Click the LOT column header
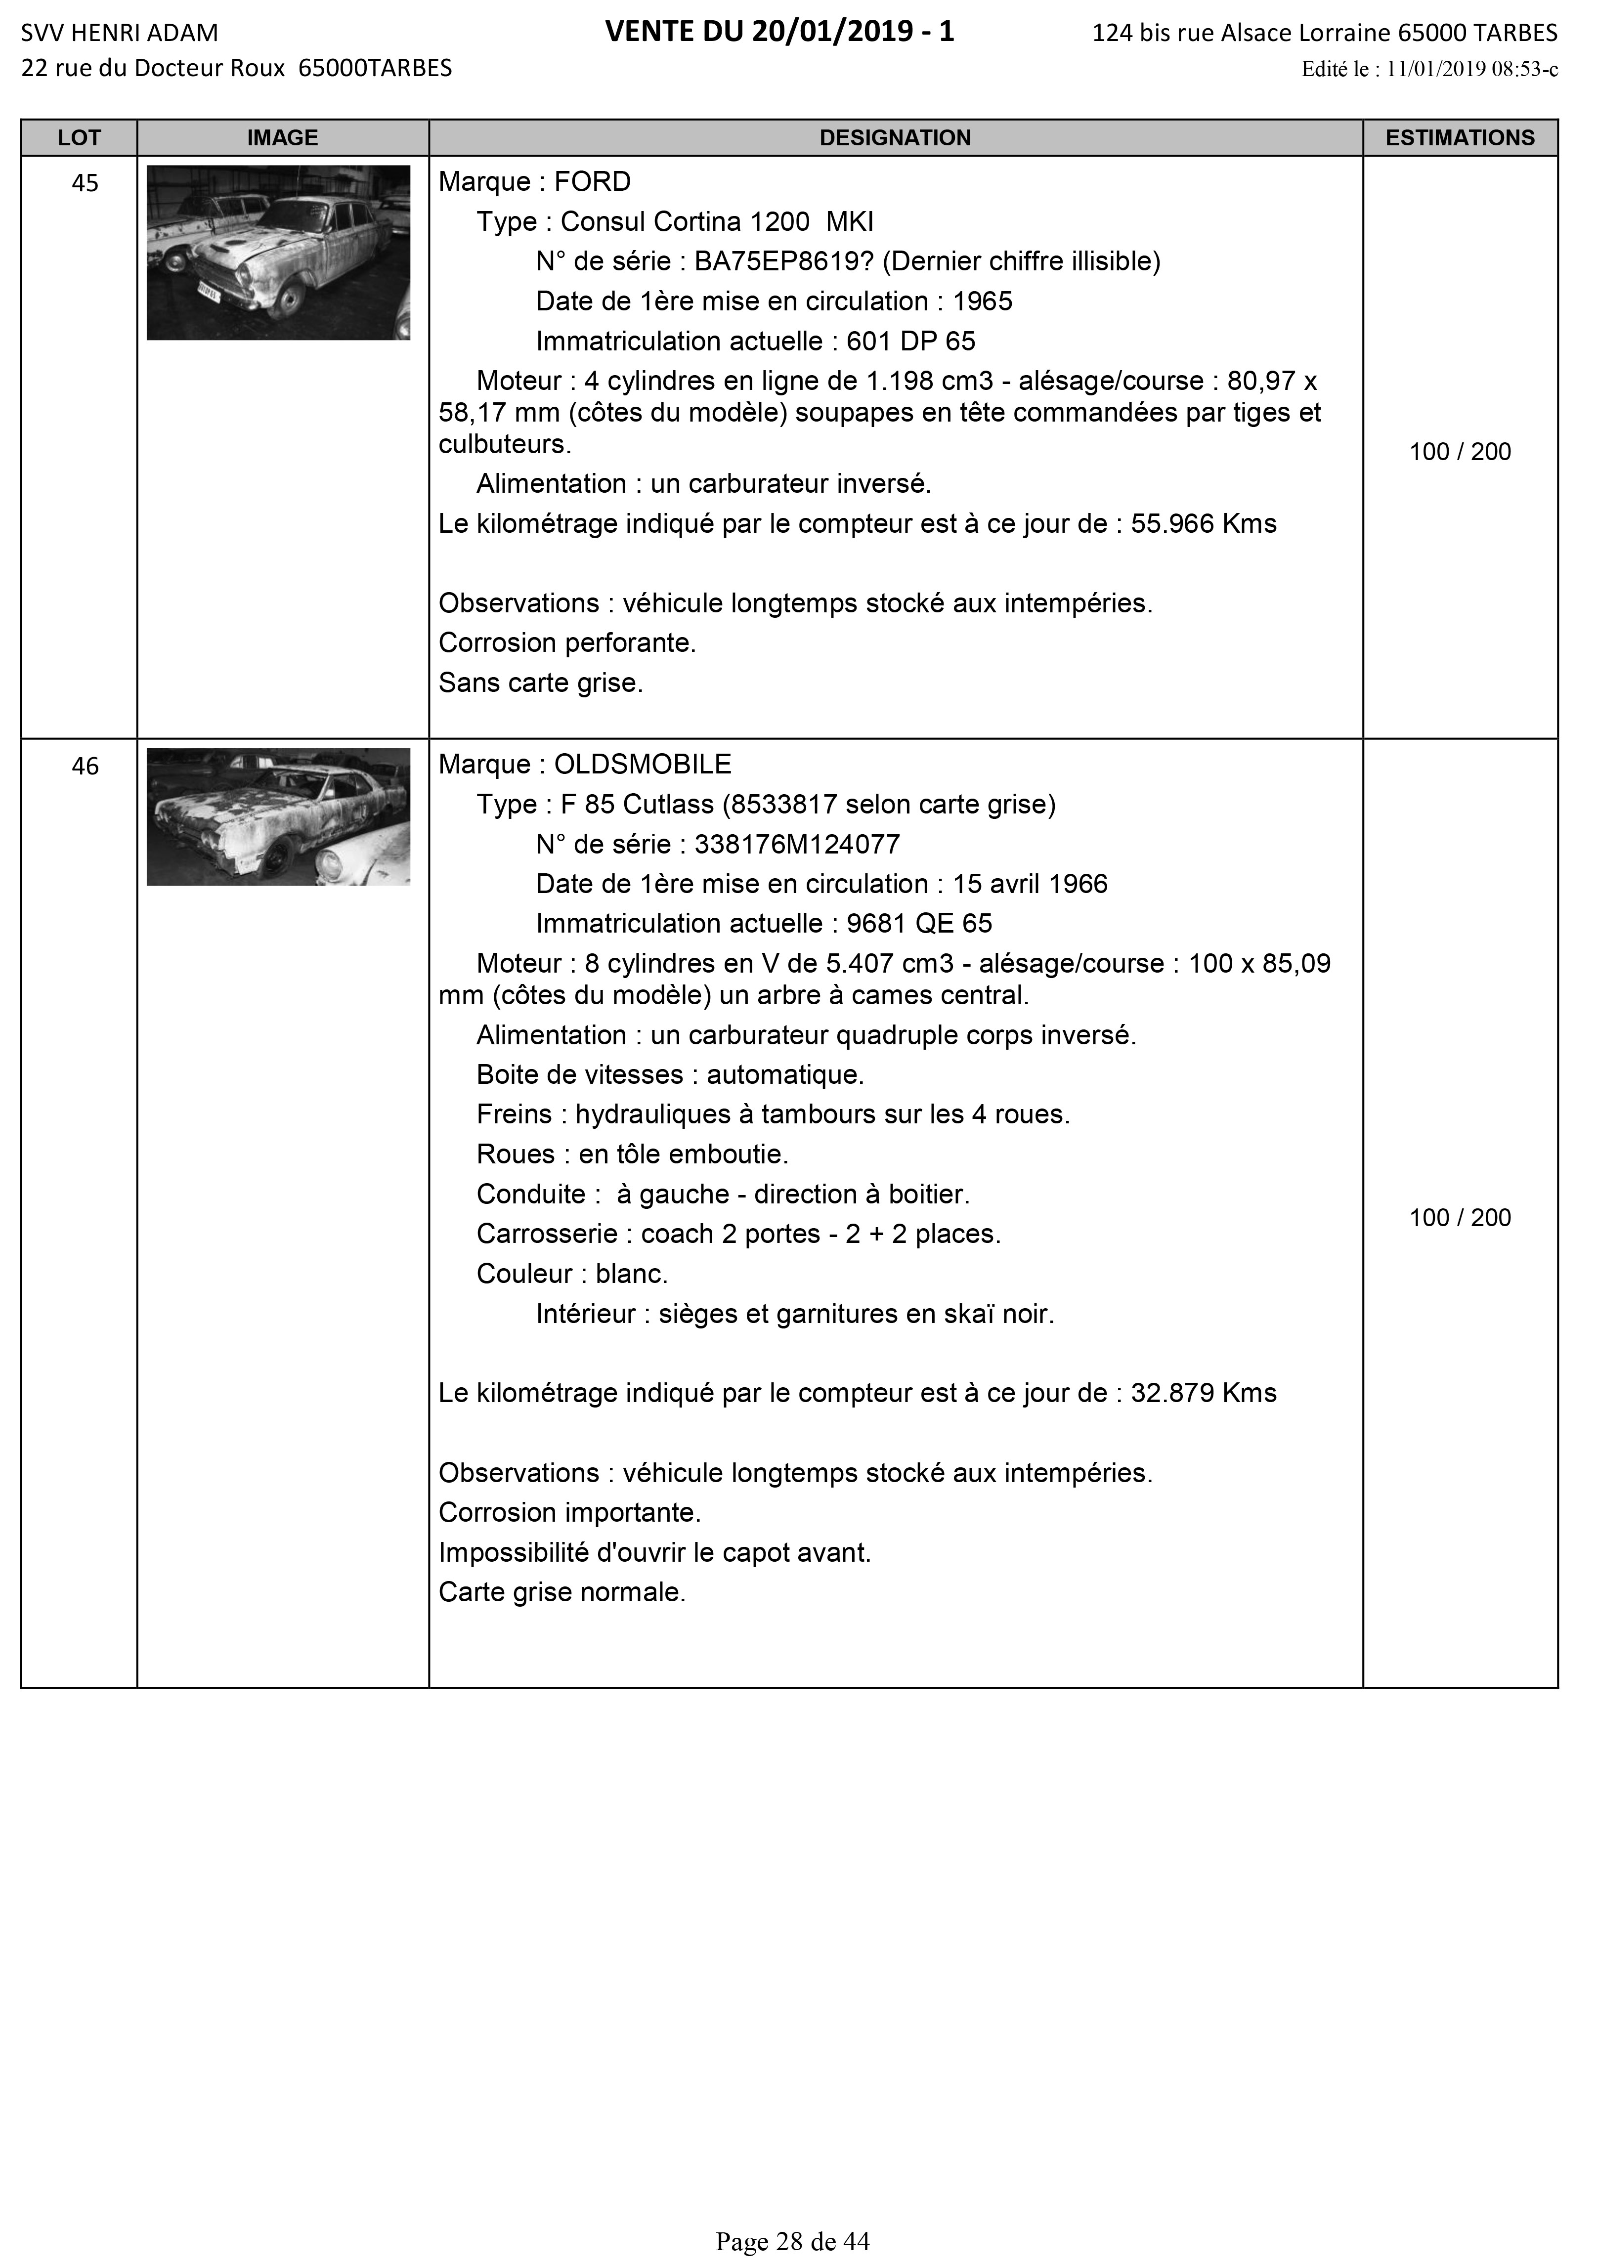pos(79,138)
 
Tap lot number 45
pos(86,183)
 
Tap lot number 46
pos(86,766)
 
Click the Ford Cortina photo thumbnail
pos(278,253)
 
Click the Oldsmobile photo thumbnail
pos(278,816)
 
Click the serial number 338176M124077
pos(797,845)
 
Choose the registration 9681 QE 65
pos(919,924)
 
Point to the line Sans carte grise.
pos(541,683)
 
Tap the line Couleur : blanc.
pos(572,1274)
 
